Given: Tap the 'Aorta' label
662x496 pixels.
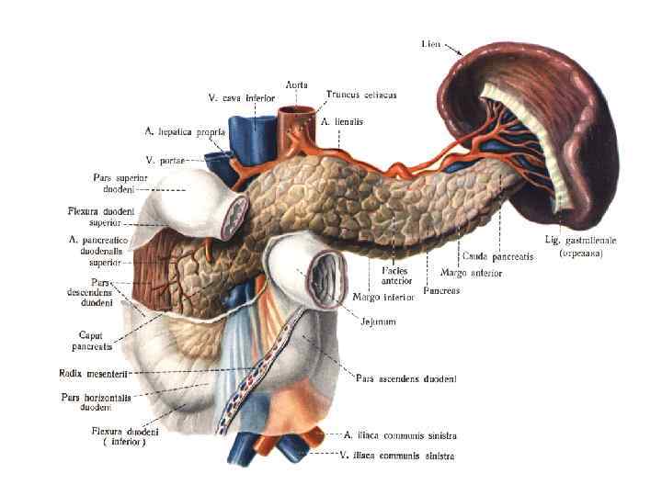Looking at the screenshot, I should [x=296, y=85].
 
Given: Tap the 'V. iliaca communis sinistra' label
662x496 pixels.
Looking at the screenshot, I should [x=396, y=455].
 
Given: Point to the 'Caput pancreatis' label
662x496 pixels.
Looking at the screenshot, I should [x=92, y=342].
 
